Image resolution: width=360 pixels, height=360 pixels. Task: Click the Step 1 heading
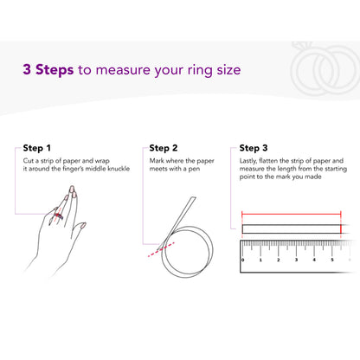(x=36, y=148)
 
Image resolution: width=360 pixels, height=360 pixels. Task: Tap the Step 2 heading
(x=164, y=148)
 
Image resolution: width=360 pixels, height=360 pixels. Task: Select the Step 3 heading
(x=254, y=148)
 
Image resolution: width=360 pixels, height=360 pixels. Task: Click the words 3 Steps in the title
(x=48, y=70)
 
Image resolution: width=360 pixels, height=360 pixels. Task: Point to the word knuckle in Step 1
(x=119, y=169)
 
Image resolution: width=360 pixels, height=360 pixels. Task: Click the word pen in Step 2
(x=194, y=169)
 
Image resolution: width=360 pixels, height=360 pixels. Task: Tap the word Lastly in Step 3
(x=247, y=161)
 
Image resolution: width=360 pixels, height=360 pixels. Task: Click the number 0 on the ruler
(x=242, y=260)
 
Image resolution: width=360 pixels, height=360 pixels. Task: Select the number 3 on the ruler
(x=296, y=260)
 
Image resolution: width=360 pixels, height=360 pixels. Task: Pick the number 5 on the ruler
(x=332, y=260)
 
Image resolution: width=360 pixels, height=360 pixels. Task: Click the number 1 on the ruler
(x=260, y=260)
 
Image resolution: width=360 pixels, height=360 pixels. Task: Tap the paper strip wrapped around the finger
(x=59, y=215)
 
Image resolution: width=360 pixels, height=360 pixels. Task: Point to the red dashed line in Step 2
(x=161, y=249)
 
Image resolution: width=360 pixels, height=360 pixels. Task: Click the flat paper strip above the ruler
(x=292, y=229)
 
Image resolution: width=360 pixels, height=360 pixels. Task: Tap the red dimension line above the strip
(x=292, y=214)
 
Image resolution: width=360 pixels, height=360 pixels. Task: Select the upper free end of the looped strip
(x=193, y=198)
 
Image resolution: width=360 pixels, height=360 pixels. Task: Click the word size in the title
(x=228, y=70)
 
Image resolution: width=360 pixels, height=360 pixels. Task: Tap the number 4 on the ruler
(x=314, y=260)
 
